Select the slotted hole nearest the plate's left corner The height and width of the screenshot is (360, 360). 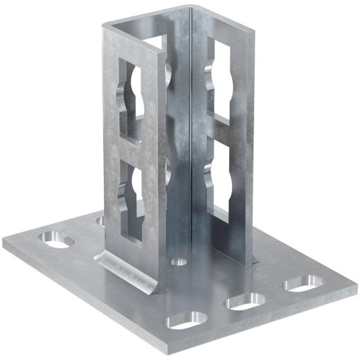coord(53,240)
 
